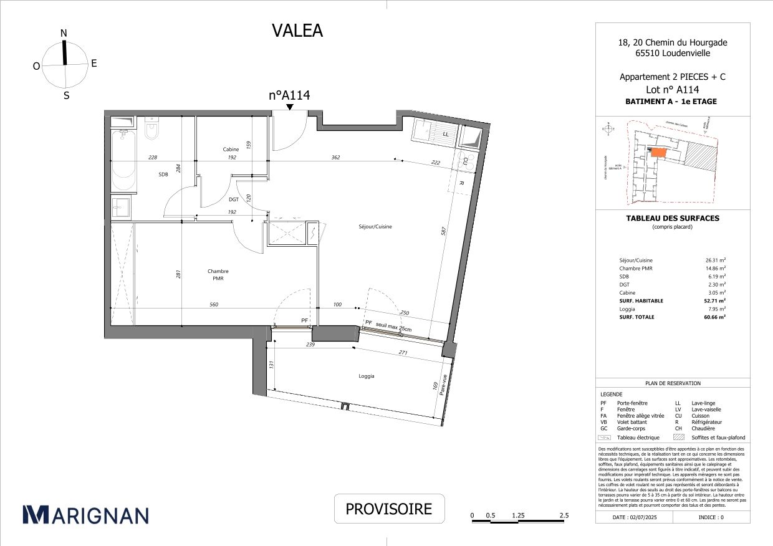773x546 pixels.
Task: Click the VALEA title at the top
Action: click(x=297, y=31)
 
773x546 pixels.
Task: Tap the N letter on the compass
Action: click(x=64, y=33)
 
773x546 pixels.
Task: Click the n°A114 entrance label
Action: click(x=289, y=95)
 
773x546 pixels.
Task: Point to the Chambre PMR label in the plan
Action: click(x=218, y=275)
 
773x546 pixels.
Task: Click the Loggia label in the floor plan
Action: click(x=366, y=376)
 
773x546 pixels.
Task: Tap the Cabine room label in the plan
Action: click(x=231, y=150)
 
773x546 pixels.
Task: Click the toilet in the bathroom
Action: click(x=151, y=130)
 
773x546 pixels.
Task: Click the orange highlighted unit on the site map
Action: click(x=658, y=152)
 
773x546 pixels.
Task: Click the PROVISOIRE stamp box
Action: click(x=389, y=509)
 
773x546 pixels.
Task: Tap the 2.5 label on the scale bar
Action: click(x=564, y=515)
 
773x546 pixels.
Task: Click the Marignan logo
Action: click(x=86, y=515)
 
